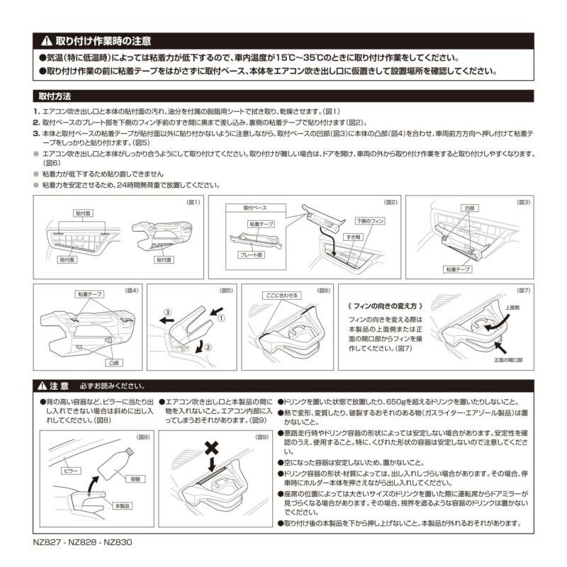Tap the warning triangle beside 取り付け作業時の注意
[46, 42]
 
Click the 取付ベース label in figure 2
[257, 208]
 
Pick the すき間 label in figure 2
[354, 236]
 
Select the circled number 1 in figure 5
[220, 318]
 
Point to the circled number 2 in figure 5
[208, 347]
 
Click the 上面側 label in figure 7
[512, 308]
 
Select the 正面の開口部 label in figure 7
[508, 360]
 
